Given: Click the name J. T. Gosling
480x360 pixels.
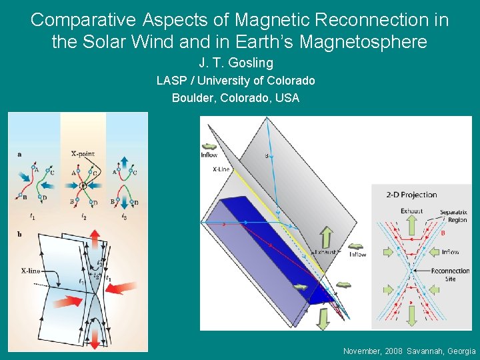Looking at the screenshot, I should pyautogui.click(x=236, y=63).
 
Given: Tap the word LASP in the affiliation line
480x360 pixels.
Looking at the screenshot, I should pyautogui.click(x=169, y=81).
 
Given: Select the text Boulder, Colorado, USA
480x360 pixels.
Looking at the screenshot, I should pyautogui.click(x=235, y=98).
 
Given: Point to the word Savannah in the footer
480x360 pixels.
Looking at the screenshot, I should pyautogui.click(x=418, y=351).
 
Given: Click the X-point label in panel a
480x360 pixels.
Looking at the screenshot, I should pyautogui.click(x=83, y=153).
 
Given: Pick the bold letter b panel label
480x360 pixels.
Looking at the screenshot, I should pyautogui.click(x=20, y=234).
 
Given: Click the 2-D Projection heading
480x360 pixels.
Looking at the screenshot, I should pyautogui.click(x=411, y=195).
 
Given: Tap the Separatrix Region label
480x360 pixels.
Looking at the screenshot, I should pyautogui.click(x=453, y=216).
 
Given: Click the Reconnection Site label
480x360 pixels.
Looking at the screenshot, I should pyautogui.click(x=450, y=275).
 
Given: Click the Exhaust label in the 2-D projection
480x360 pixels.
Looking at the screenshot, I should pyautogui.click(x=411, y=211).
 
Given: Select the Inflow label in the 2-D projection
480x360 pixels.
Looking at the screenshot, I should pyautogui.click(x=450, y=252).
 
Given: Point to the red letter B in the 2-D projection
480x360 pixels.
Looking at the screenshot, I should pyautogui.click(x=442, y=233).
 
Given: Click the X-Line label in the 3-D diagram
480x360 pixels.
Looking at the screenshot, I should pyautogui.click(x=221, y=170).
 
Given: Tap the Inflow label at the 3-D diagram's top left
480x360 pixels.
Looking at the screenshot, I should pyautogui.click(x=209, y=155).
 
